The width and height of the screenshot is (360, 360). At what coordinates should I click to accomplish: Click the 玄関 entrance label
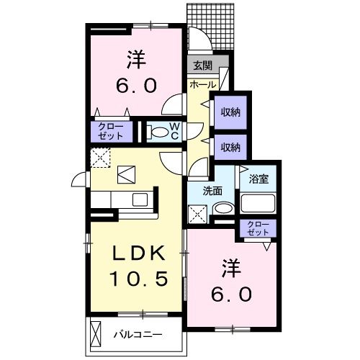pyautogui.click(x=202, y=66)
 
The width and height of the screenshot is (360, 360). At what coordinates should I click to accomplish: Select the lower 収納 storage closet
pyautogui.click(x=230, y=146)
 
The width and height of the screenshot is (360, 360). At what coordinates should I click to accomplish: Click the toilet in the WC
pyautogui.click(x=156, y=132)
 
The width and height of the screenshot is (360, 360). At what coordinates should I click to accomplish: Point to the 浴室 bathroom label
pyautogui.click(x=258, y=177)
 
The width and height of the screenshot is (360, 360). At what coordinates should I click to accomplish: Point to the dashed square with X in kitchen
pyautogui.click(x=99, y=158)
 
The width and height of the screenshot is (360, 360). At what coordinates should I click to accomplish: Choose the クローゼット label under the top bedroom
pyautogui.click(x=110, y=131)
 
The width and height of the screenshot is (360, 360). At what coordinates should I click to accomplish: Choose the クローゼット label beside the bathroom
pyautogui.click(x=258, y=229)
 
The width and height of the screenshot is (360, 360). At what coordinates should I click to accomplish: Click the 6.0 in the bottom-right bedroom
pyautogui.click(x=231, y=294)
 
